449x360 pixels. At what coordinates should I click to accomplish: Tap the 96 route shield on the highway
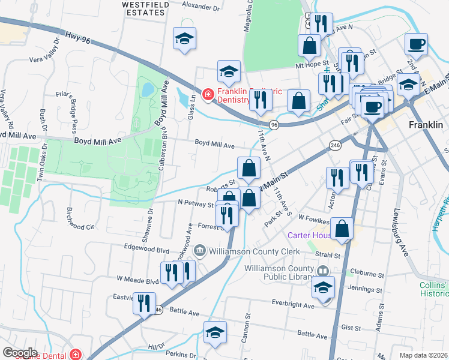pos(274,125)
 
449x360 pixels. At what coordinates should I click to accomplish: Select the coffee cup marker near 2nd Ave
pos(416,44)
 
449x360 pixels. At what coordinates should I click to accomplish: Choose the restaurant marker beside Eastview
pos(144,303)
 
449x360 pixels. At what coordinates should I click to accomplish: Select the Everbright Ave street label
pos(292,305)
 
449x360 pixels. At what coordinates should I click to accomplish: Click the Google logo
pos(20,352)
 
